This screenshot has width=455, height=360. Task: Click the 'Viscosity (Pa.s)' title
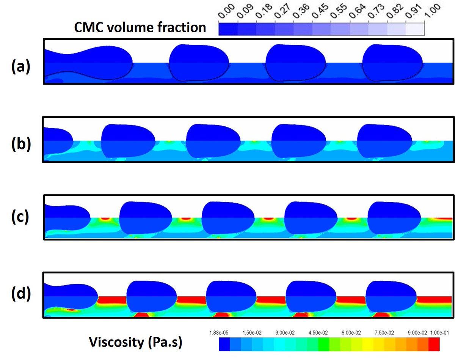136,343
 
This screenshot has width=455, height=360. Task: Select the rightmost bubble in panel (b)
385,141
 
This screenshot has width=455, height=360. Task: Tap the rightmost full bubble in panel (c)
394,218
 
